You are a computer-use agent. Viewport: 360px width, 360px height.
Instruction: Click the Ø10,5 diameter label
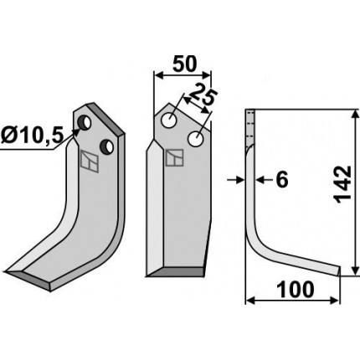(x=32, y=136)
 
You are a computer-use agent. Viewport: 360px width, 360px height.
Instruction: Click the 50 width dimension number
(x=184, y=64)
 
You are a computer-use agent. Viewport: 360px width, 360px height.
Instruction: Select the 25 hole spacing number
(x=203, y=94)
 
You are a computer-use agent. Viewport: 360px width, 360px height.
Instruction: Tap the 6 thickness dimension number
(x=282, y=180)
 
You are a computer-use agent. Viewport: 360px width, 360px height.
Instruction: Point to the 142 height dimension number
(x=342, y=184)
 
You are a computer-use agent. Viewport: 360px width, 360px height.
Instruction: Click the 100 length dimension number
(x=295, y=290)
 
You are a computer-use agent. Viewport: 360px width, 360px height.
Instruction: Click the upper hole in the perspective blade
(x=85, y=122)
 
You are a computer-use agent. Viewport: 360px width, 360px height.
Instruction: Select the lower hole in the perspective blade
(x=107, y=147)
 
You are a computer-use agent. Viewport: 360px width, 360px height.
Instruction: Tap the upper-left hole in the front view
(x=169, y=121)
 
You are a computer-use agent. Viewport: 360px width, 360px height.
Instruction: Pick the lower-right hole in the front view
(x=195, y=138)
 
